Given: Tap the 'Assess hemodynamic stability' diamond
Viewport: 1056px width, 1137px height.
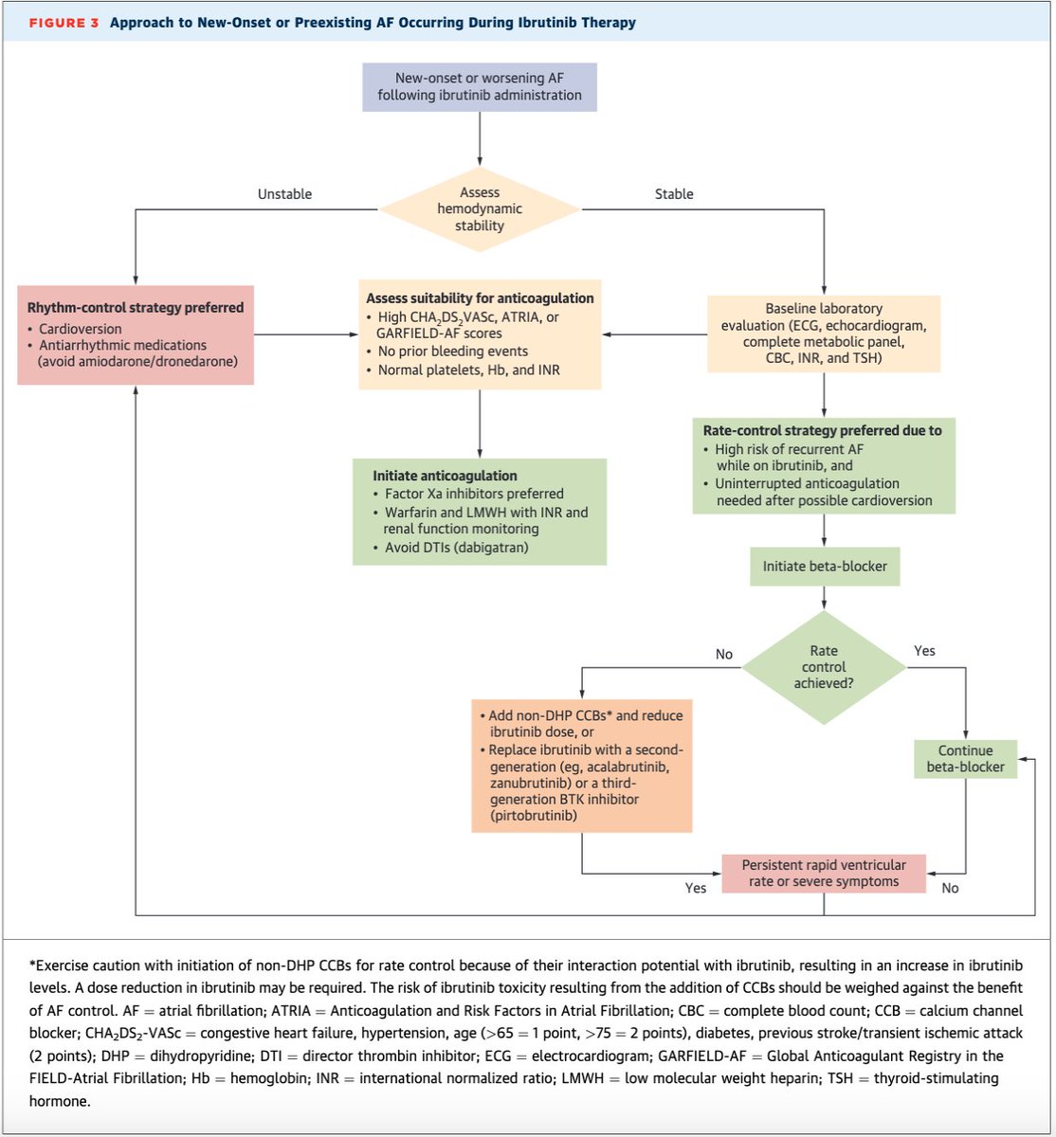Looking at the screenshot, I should click(479, 209).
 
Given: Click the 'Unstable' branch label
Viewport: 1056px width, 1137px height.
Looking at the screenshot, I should click(284, 194).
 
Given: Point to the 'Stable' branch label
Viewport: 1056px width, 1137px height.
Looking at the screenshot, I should click(674, 194).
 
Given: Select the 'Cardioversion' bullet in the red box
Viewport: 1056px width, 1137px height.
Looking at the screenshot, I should click(81, 329).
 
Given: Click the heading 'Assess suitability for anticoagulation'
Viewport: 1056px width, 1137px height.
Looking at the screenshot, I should click(481, 298).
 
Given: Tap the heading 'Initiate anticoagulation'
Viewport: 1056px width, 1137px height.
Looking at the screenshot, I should click(445, 476).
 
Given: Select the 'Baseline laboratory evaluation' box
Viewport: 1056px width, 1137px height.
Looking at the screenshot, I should click(823, 333).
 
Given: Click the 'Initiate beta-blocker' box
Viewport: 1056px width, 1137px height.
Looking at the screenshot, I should click(823, 567).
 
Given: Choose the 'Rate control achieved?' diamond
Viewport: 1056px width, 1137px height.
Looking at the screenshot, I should click(823, 668).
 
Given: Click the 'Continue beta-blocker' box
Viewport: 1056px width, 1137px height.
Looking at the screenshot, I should click(965, 759).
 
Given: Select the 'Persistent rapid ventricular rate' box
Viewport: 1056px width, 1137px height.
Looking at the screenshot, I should click(823, 873).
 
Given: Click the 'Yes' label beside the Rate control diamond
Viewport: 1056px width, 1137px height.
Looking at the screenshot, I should click(923, 652).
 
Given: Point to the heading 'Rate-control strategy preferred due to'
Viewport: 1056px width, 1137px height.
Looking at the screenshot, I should click(822, 430).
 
